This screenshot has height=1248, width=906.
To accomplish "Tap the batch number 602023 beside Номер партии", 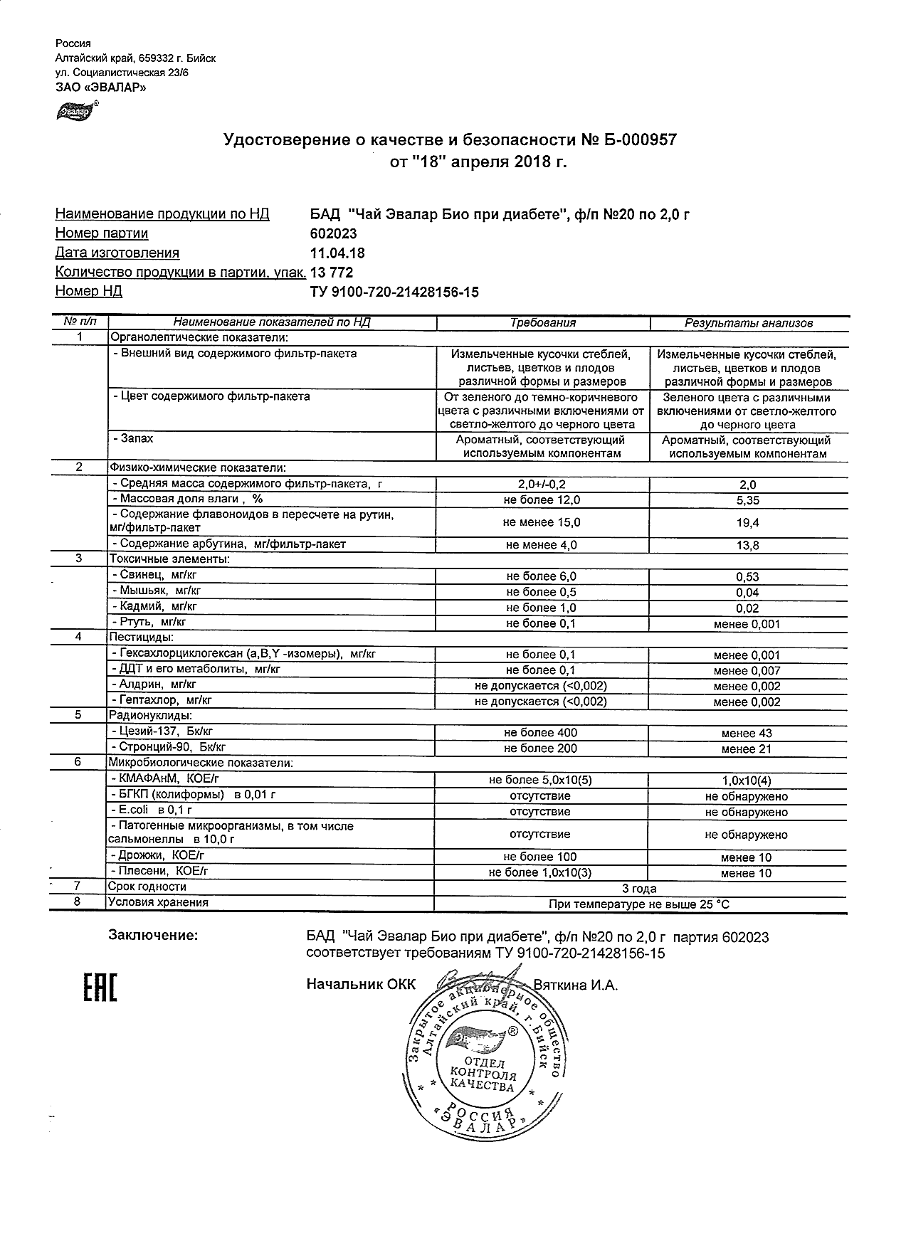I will (x=333, y=233).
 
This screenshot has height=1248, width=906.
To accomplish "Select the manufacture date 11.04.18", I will (x=338, y=253).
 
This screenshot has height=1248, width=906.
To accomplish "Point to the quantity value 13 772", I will (x=332, y=273).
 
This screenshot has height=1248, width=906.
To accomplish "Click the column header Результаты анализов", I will (x=748, y=323).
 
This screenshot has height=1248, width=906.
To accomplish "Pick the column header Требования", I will (x=542, y=323).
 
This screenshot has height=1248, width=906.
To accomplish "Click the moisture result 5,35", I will (x=748, y=500).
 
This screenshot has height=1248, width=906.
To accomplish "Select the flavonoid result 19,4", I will (x=748, y=522).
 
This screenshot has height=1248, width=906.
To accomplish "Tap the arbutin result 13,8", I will (x=748, y=545).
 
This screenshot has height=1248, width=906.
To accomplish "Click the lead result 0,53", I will (x=748, y=576).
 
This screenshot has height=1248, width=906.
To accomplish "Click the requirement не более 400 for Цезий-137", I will (x=541, y=733).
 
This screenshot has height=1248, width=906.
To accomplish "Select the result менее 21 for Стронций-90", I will (x=747, y=749).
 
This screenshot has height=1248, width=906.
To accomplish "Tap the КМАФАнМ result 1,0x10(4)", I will (x=747, y=781).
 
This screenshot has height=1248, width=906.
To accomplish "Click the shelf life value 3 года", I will (x=639, y=888).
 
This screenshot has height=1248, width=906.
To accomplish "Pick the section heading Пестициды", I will (x=141, y=638).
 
